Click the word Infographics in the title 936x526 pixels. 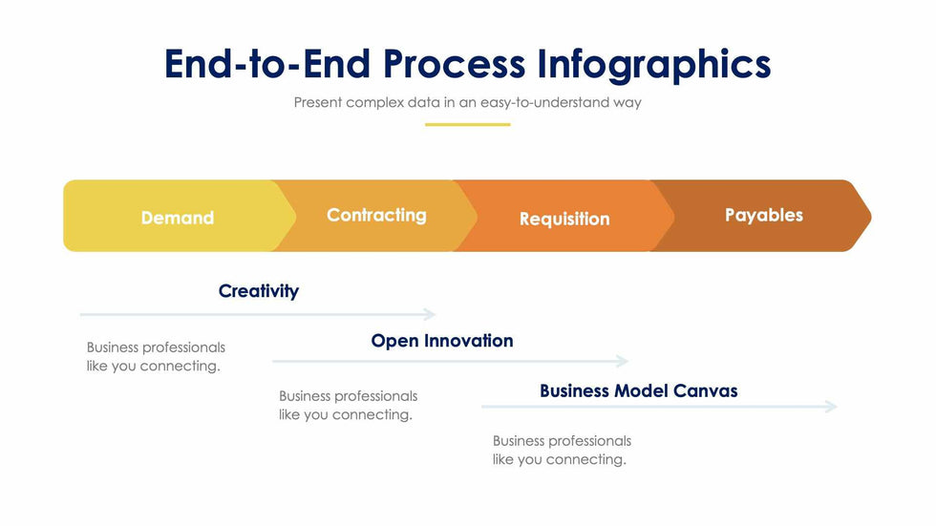(653, 64)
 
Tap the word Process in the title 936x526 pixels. (455, 63)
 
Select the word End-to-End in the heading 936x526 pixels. (267, 63)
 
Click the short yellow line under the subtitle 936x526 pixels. (467, 125)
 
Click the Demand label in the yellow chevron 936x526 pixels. (178, 218)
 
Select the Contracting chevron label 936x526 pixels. (376, 216)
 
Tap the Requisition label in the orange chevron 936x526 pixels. (564, 219)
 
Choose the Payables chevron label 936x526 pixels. (764, 216)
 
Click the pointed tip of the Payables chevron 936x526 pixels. (871, 216)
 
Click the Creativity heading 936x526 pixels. (259, 291)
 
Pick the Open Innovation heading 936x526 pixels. (442, 341)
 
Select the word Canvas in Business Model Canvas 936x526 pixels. (706, 390)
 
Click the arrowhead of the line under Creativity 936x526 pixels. (431, 314)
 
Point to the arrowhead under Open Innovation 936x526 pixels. (623, 361)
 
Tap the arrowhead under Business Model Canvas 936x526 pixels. (832, 407)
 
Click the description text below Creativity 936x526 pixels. (156, 357)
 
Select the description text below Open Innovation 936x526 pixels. (348, 406)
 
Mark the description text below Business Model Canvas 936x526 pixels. (562, 451)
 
